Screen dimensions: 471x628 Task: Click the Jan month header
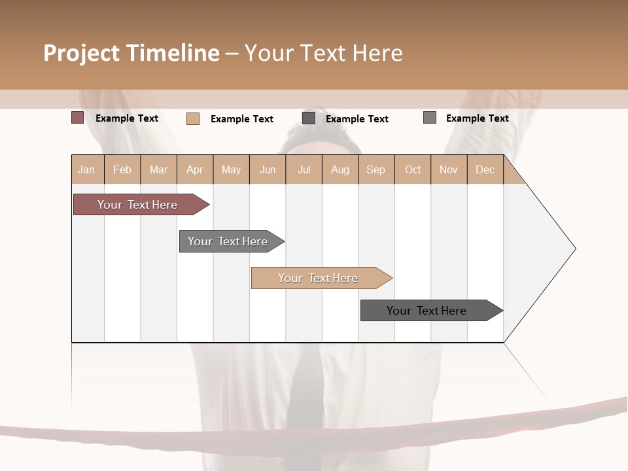coord(87,169)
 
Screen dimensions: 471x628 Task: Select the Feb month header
coord(122,169)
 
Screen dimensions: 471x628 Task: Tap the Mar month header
coord(158,169)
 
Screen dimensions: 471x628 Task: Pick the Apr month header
coord(195,169)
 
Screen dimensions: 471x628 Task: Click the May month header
coord(231,169)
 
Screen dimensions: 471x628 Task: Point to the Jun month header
coord(268,169)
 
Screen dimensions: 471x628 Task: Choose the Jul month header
coord(304,169)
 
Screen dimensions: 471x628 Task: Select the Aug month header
coord(340,169)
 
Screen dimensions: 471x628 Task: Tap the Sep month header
coord(376,169)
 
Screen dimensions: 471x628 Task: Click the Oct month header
coord(413,169)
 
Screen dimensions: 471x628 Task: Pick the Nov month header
coord(449,169)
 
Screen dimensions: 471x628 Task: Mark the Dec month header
coord(485,169)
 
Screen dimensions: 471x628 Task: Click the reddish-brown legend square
coord(77,118)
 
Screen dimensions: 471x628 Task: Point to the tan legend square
coord(193,118)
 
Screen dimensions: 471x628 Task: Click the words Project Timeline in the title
coord(131,53)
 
